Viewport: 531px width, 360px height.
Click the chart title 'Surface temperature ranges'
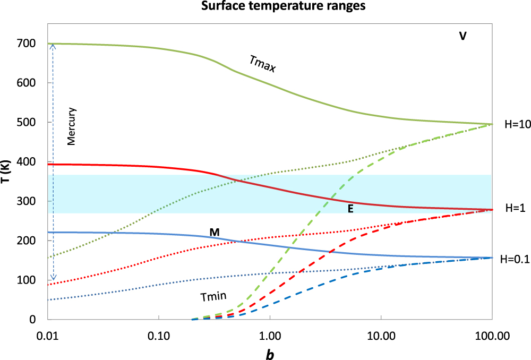point(266,7)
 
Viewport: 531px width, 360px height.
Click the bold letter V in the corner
point(463,37)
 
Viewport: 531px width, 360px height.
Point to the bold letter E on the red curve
point(350,209)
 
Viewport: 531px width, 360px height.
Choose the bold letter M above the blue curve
point(215,232)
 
